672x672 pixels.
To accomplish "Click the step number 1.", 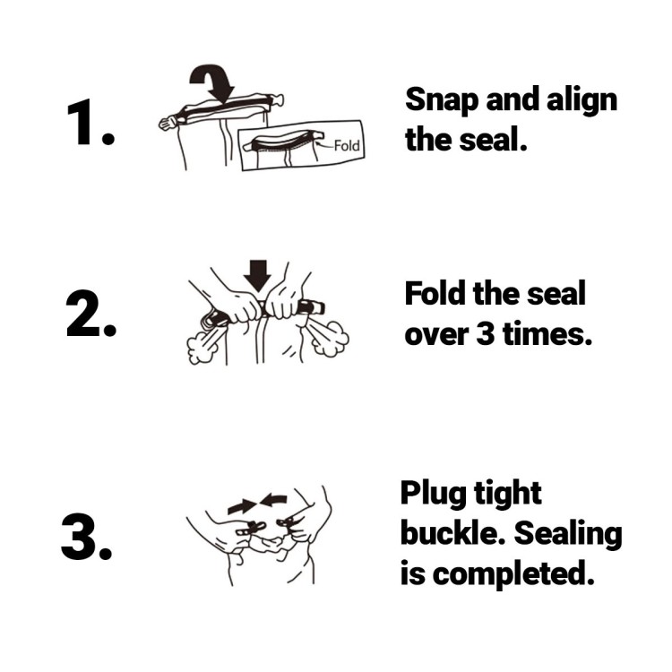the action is (90, 122).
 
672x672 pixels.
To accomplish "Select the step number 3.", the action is (87, 537).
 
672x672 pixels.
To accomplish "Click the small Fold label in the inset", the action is (346, 146).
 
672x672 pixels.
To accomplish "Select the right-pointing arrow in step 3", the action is (242, 506).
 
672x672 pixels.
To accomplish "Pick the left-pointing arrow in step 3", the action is (273, 500).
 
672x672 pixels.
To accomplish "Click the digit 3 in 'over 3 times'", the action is (485, 333).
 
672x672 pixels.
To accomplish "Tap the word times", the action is (547, 332).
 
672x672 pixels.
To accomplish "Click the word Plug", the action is (434, 495).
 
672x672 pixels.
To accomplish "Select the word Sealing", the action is (568, 534).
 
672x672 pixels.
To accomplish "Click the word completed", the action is (513, 574).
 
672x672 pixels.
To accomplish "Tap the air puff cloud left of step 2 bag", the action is (200, 346).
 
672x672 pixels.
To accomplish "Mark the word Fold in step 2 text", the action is (435, 294).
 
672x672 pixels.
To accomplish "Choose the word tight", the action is (507, 495).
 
